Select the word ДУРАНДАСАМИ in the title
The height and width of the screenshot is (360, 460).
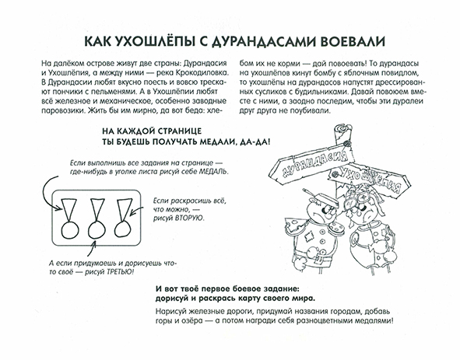276,39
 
